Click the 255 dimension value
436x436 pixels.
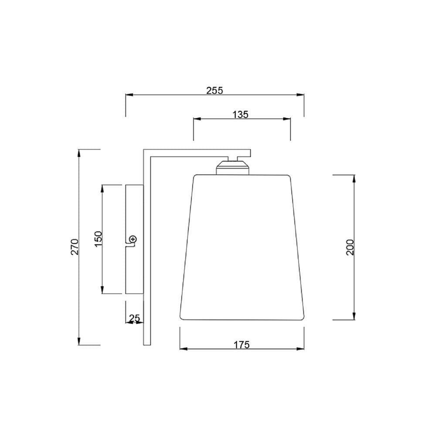point(215,91)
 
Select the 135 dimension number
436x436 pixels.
point(240,115)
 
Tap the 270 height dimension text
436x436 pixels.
point(75,247)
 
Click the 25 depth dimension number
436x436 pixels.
point(135,318)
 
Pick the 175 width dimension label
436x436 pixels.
point(242,345)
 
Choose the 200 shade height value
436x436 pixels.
point(351,247)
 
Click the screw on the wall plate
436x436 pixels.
point(133,239)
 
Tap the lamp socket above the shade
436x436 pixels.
point(233,168)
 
